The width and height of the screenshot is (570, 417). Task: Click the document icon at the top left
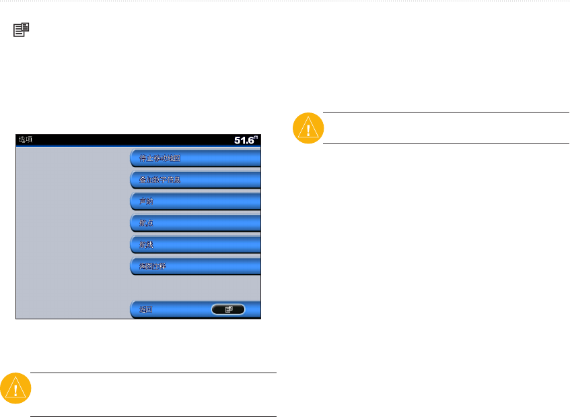pyautogui.click(x=22, y=29)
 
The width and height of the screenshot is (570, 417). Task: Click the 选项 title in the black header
pyautogui.click(x=26, y=140)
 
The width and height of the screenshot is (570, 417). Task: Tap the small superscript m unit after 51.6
pyautogui.click(x=256, y=137)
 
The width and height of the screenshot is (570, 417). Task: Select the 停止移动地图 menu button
pyautogui.click(x=195, y=158)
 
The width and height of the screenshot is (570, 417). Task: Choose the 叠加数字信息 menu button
pyautogui.click(x=195, y=180)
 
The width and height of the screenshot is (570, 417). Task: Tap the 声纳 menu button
pyautogui.click(x=195, y=201)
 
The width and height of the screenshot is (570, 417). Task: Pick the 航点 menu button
pyautogui.click(x=195, y=223)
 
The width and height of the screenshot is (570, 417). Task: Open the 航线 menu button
pyautogui.click(x=195, y=245)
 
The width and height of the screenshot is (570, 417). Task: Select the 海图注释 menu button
pyautogui.click(x=195, y=266)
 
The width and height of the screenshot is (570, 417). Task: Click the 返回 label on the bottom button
pyautogui.click(x=147, y=309)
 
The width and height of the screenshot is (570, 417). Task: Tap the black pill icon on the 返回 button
pyautogui.click(x=227, y=309)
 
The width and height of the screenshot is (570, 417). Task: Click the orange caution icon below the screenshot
pyautogui.click(x=15, y=389)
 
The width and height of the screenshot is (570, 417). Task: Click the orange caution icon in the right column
pyautogui.click(x=308, y=127)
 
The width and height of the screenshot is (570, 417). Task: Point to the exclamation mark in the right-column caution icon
pyautogui.click(x=308, y=129)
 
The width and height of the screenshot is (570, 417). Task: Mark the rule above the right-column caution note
pyautogui.click(x=446, y=113)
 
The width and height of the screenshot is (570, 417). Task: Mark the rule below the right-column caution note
pyautogui.click(x=446, y=143)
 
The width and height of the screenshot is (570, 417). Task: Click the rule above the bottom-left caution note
pyautogui.click(x=153, y=373)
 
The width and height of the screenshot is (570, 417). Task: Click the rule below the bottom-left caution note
pyautogui.click(x=153, y=416)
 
